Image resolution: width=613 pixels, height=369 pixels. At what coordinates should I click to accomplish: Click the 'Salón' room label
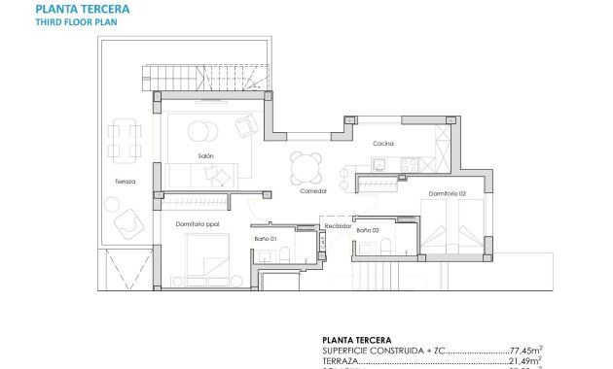(204, 156)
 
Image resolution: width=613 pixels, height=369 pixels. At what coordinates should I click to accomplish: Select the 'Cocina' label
(382, 144)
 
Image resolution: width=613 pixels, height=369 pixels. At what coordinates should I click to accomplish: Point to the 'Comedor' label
(313, 190)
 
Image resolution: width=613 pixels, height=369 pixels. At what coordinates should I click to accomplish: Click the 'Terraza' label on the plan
(125, 182)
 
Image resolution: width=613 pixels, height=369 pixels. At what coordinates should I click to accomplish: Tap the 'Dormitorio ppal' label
(198, 224)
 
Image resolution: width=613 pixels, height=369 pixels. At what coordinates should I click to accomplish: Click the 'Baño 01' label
(267, 238)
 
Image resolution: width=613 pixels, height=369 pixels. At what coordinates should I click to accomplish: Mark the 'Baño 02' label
(367, 230)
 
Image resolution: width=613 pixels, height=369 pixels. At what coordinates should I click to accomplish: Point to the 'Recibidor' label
(338, 225)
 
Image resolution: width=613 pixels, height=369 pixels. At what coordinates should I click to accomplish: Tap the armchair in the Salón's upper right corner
(247, 125)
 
